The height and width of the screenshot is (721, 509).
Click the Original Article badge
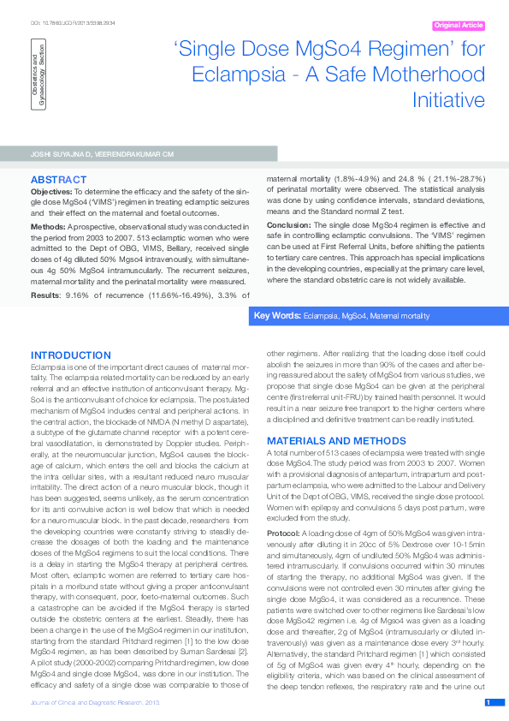[x=459, y=27]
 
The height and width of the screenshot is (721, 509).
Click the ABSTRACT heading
[x=56, y=180]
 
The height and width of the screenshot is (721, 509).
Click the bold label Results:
[x=46, y=295]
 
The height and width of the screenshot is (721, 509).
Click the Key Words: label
[x=277, y=316]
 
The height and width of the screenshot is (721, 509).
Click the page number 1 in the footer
[x=488, y=702]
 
